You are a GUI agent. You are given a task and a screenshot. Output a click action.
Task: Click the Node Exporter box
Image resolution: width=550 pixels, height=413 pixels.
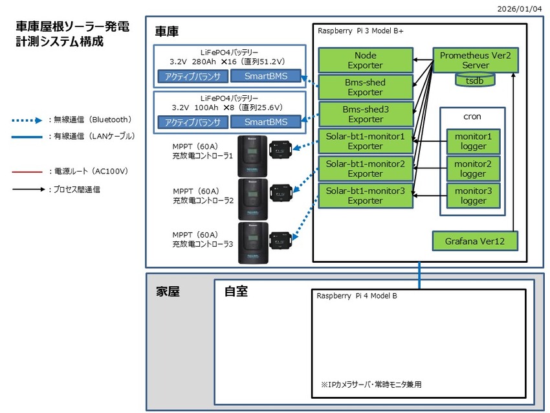tap(365, 60)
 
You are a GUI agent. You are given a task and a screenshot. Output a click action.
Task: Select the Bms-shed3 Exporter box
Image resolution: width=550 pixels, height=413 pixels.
tap(366, 115)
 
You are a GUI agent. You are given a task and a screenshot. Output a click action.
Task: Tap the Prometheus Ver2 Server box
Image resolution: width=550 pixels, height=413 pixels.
tap(476, 60)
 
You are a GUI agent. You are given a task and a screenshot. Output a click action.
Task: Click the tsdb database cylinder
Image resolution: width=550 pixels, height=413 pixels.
tap(474, 80)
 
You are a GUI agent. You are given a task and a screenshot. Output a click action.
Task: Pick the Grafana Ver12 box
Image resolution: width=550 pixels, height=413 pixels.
tap(474, 241)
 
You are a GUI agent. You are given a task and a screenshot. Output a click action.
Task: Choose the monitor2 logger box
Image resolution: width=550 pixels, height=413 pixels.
tap(473, 169)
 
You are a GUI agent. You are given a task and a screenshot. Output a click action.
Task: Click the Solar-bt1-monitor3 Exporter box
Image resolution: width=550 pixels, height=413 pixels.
tap(365, 195)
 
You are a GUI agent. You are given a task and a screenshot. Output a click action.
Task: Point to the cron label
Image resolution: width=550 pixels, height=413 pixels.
tap(472, 117)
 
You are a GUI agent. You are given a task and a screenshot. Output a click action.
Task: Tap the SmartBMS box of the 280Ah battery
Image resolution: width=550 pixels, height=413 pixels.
tap(265, 76)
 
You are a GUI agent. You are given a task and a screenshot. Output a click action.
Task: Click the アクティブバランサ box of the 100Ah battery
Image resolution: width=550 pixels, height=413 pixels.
tap(193, 122)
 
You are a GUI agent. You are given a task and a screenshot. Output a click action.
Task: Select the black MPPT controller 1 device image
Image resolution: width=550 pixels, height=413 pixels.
tap(252, 156)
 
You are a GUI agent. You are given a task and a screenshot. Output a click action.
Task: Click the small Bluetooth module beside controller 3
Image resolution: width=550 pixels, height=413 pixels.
tap(280, 240)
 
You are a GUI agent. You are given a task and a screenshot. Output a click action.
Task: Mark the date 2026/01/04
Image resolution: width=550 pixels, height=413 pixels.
tap(520, 9)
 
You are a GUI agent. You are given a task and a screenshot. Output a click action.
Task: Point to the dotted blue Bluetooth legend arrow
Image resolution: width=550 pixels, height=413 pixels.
tap(27, 120)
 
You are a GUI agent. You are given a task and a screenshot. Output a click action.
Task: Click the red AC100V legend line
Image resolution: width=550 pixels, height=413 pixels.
tap(27, 172)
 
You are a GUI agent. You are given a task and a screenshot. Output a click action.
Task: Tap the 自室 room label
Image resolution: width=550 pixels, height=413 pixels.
tap(236, 291)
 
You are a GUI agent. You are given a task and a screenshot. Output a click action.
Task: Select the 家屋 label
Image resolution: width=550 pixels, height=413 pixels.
tap(168, 291)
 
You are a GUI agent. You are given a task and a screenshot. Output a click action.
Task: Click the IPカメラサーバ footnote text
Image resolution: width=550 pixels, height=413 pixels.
tap(371, 385)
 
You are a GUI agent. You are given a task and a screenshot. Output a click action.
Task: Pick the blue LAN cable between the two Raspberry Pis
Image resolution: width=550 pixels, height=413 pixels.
tap(419, 275)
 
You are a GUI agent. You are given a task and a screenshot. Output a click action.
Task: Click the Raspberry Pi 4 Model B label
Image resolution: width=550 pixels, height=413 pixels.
tap(357, 296)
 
